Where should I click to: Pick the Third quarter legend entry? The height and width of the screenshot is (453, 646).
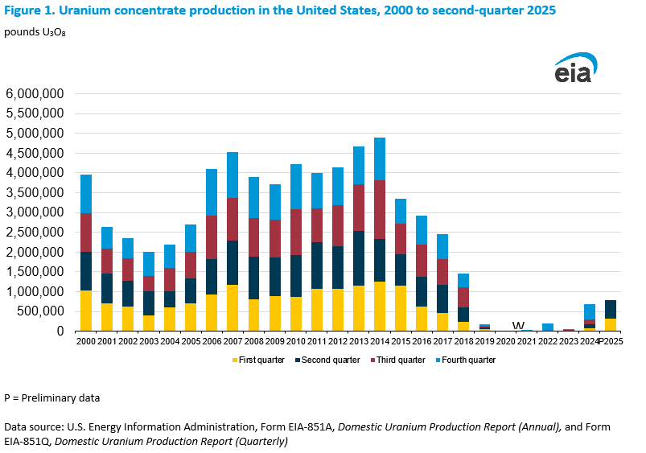(x=401, y=360)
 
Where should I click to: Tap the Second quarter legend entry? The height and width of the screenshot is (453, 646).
(x=330, y=360)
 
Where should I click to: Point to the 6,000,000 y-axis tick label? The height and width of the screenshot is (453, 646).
(x=35, y=94)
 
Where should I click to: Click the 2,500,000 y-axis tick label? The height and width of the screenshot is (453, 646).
(x=35, y=233)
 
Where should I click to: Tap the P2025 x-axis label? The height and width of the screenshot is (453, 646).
(x=613, y=340)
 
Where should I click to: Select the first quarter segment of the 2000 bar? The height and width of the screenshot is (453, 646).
(x=85, y=311)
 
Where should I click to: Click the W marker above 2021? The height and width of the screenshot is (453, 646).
(x=518, y=324)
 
